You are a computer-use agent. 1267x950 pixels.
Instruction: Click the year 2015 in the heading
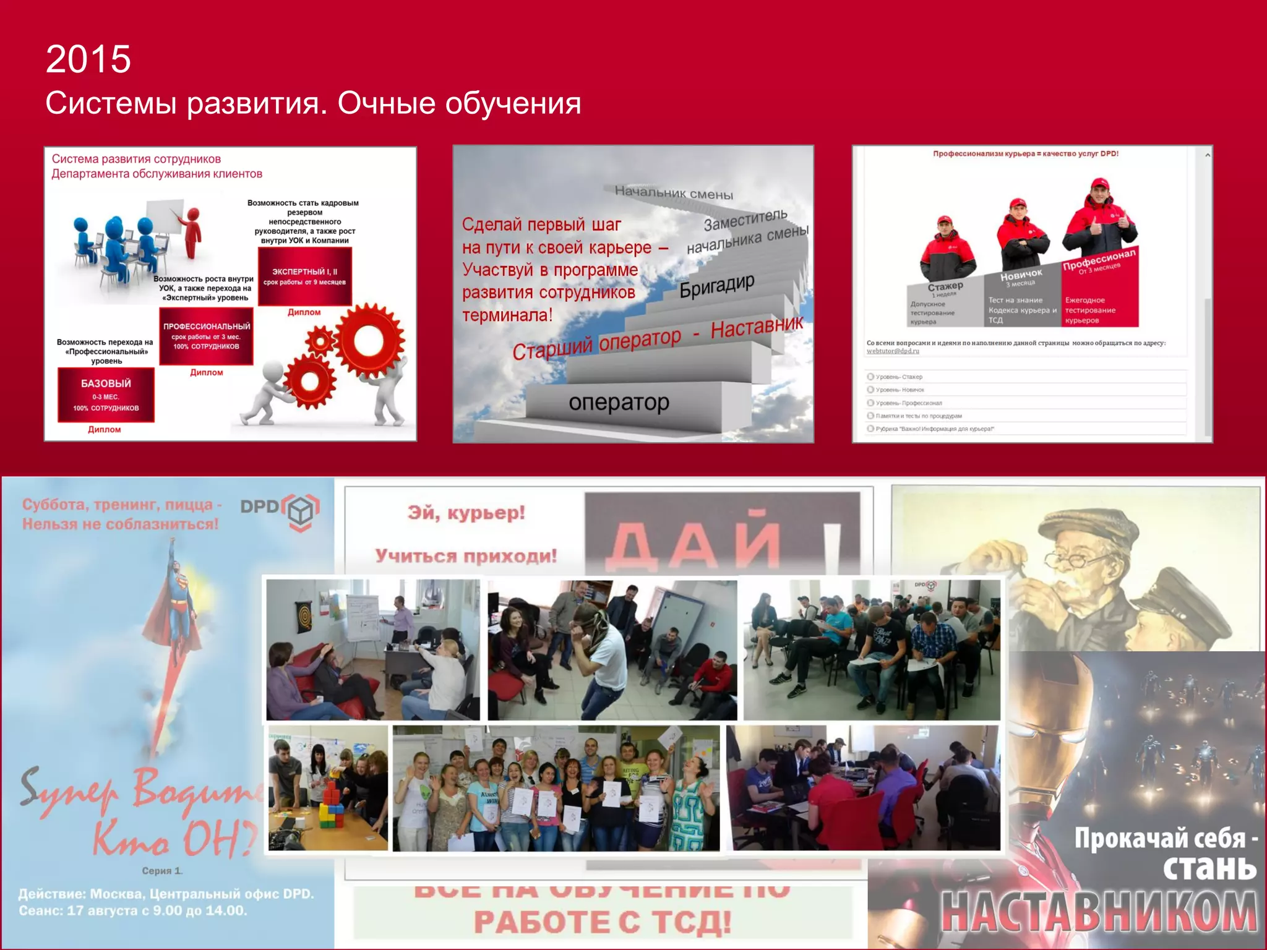tap(88, 59)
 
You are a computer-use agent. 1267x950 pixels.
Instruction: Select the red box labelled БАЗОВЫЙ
tap(106, 395)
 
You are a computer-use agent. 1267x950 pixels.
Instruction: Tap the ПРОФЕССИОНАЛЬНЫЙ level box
tap(207, 336)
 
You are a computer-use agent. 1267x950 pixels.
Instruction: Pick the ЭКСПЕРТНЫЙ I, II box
tap(305, 276)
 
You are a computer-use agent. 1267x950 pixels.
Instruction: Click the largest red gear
tap(369, 341)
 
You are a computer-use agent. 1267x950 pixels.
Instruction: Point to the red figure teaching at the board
tap(192, 232)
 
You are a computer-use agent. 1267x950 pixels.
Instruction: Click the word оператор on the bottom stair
tap(619, 403)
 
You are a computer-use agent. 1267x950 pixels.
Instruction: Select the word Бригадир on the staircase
tap(717, 286)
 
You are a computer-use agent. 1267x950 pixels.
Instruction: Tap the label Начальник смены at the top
tap(674, 192)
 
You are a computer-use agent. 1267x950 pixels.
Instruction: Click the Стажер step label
tap(945, 286)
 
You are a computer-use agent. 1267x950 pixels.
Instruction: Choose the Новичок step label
tap(1021, 274)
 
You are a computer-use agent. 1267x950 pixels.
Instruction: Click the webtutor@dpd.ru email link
tap(893, 351)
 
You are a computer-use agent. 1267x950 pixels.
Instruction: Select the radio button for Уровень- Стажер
tap(870, 377)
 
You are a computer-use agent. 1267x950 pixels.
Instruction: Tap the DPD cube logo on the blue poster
tap(301, 511)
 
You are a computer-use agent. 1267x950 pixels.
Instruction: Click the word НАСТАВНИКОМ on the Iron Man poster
tap(1099, 910)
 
